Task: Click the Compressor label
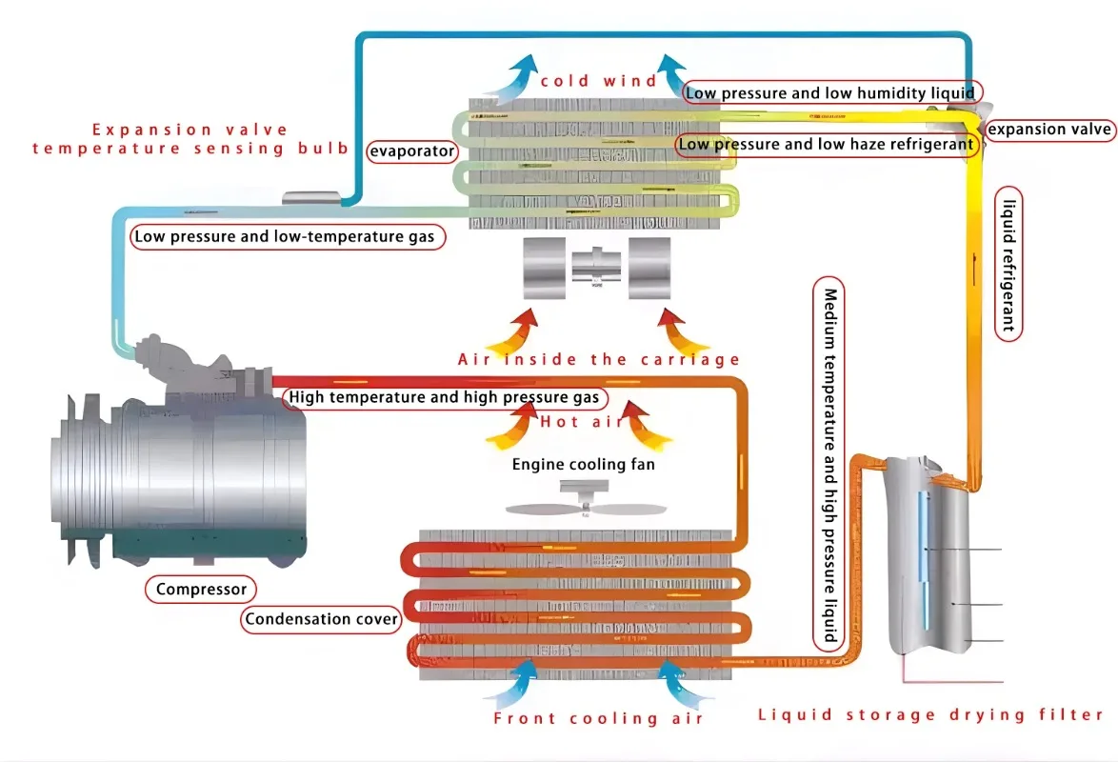(201, 590)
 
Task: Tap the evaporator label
(412, 151)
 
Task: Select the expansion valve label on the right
(1048, 130)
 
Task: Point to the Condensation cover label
(322, 619)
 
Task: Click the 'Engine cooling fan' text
(583, 465)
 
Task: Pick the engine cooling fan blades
(586, 508)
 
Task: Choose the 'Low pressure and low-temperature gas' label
(288, 237)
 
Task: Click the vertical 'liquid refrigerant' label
(1008, 264)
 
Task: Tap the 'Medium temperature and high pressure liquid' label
(829, 465)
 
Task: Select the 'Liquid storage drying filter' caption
(930, 715)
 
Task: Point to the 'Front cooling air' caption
(598, 718)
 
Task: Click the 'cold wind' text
(598, 81)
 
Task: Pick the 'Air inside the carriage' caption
(599, 359)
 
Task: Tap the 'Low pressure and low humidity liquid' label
(831, 92)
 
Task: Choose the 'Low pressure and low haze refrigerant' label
(827, 144)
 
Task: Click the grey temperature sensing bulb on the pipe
(311, 197)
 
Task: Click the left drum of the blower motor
(545, 269)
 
